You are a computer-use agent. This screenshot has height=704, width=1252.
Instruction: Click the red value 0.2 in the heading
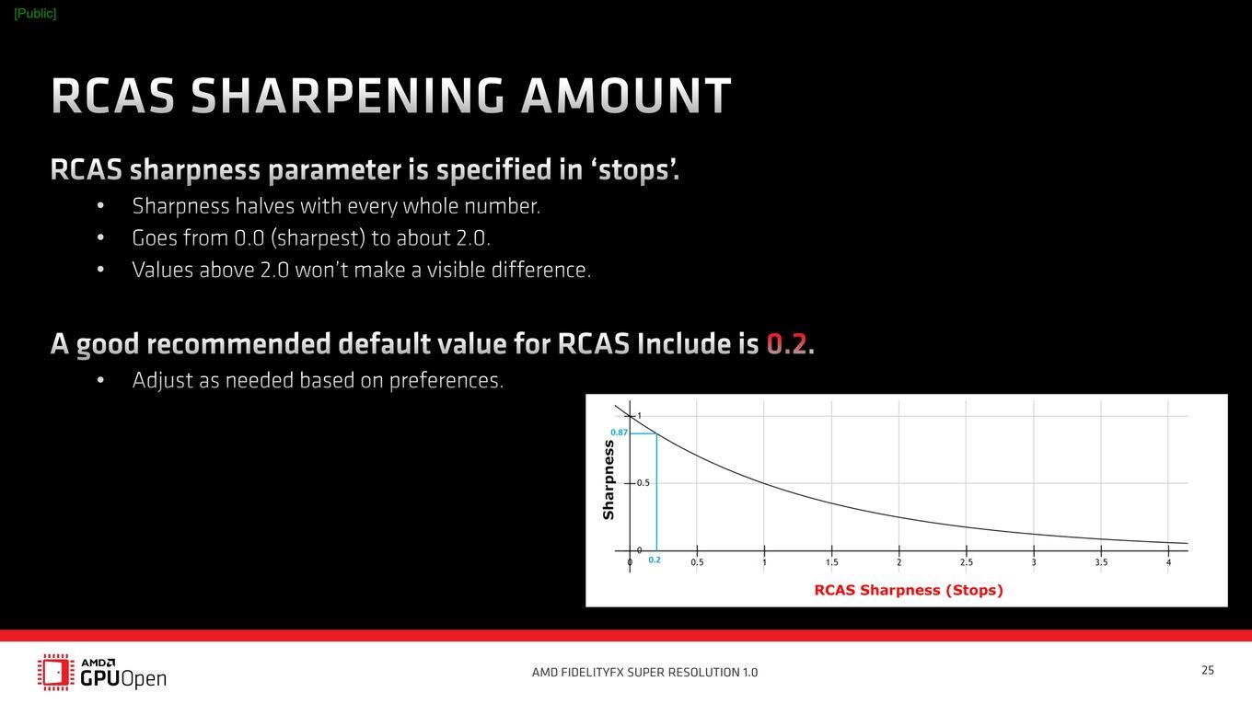click(787, 343)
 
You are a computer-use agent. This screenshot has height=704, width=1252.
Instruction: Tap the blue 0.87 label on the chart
click(619, 433)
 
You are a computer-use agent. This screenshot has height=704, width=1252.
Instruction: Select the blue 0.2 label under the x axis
click(655, 560)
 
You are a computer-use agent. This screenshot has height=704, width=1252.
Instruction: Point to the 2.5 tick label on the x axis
click(967, 562)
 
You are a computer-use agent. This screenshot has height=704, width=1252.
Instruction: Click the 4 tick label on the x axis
click(1169, 562)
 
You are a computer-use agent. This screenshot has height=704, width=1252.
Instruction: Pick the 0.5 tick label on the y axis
click(643, 483)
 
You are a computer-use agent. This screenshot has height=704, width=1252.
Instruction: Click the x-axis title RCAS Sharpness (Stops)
click(909, 590)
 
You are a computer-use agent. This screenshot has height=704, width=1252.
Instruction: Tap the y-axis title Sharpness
click(609, 480)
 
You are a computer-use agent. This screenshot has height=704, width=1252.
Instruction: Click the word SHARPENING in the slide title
click(348, 96)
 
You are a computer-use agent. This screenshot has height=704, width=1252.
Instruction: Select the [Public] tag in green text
click(35, 14)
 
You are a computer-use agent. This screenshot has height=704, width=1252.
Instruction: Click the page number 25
click(1208, 670)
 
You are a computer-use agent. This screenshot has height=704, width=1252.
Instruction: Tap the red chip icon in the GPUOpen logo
click(56, 672)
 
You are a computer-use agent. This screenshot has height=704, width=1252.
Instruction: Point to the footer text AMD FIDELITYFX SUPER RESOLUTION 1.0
click(644, 672)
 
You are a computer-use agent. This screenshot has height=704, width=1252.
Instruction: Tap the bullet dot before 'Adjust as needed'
click(100, 380)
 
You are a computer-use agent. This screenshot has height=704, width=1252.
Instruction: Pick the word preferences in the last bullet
click(446, 380)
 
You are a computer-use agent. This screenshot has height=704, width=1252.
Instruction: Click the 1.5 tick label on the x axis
click(831, 562)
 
